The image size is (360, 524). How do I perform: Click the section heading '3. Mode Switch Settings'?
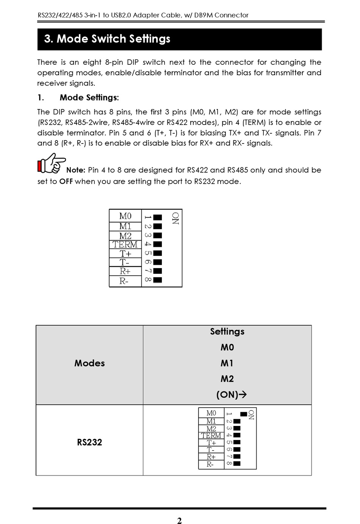(x=107, y=39)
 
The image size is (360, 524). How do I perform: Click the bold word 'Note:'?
(x=76, y=170)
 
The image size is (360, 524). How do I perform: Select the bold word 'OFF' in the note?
(x=66, y=182)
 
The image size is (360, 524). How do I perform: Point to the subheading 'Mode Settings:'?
(x=89, y=98)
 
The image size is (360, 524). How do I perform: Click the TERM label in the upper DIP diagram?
(x=125, y=245)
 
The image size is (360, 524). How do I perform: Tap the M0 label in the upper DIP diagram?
(x=125, y=216)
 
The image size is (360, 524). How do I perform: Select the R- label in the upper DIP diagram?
(x=124, y=281)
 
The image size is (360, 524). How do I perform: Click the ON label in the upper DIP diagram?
(x=175, y=218)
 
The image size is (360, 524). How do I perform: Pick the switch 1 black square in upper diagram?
(x=158, y=217)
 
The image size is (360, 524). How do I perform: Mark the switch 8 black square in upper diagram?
(x=158, y=280)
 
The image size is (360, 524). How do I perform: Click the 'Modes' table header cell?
(x=89, y=363)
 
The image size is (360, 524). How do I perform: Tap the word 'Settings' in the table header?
(x=227, y=332)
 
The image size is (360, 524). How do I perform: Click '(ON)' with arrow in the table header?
(x=231, y=395)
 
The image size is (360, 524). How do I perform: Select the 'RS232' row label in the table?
(x=89, y=442)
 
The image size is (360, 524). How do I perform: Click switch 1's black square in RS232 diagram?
(x=244, y=414)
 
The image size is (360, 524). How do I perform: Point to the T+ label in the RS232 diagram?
(x=211, y=443)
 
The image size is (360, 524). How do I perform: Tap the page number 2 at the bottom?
(x=179, y=521)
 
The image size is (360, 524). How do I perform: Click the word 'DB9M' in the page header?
(x=203, y=16)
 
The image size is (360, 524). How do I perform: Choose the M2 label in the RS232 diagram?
(x=211, y=429)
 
